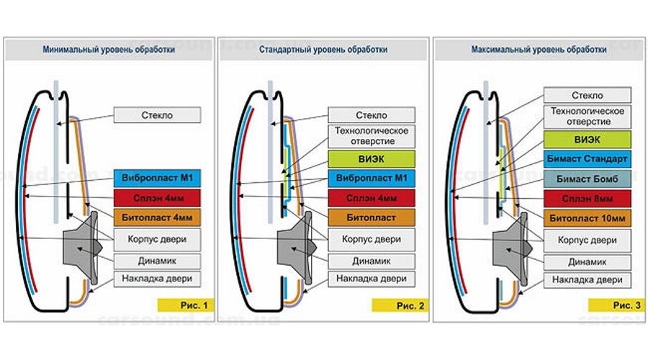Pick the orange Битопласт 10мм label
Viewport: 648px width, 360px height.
coord(588,217)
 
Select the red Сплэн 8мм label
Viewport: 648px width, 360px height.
coord(588,198)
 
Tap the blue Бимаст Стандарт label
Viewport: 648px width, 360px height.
coord(588,158)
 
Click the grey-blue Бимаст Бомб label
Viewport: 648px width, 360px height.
coord(588,178)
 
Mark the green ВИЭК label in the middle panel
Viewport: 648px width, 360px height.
coord(372,158)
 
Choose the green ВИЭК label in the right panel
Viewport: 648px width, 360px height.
coord(588,139)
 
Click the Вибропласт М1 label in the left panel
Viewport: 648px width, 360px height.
coord(156,177)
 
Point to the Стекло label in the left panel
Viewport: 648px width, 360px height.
coord(156,115)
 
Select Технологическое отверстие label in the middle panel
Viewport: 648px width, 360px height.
coord(372,135)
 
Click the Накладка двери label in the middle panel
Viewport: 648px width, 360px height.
coord(372,278)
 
